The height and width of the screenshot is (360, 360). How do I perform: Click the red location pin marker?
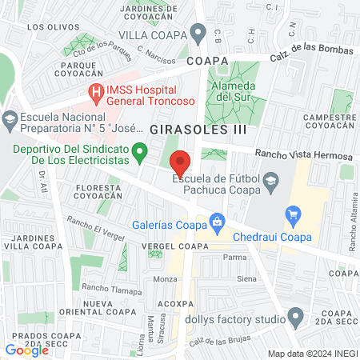(181, 162)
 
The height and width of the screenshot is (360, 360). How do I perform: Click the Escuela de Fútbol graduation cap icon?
(271, 180)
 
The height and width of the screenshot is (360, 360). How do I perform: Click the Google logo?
(26, 350)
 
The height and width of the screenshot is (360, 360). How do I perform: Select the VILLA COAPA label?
(154, 34)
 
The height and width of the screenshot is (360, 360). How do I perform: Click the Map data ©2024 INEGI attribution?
(311, 353)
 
